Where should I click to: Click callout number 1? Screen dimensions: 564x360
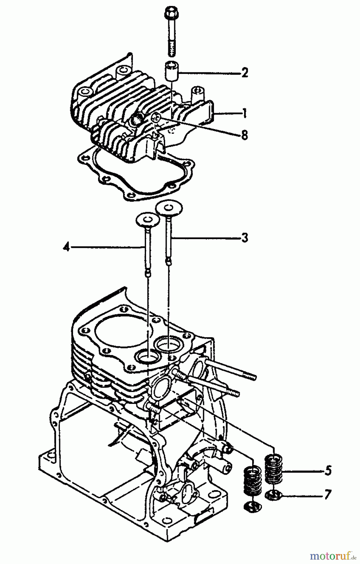(x=244, y=113)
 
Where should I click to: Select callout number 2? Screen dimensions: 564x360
(x=245, y=73)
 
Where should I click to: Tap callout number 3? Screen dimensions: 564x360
(x=245, y=238)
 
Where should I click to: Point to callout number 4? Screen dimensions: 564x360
(x=66, y=247)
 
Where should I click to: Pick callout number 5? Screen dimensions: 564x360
(x=328, y=471)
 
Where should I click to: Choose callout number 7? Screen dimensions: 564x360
(x=328, y=496)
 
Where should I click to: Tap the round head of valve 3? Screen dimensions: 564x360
(x=170, y=208)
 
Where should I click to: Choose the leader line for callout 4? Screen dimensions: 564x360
(x=107, y=248)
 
